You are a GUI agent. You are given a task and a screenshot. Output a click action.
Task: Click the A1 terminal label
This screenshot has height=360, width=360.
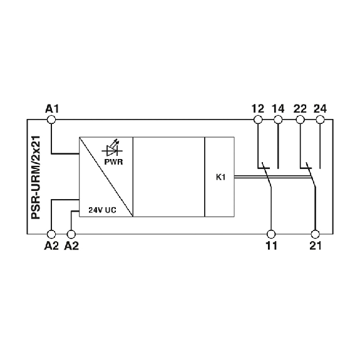tap(52, 108)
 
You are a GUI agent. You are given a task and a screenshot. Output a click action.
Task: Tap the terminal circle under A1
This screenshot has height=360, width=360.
tap(51, 120)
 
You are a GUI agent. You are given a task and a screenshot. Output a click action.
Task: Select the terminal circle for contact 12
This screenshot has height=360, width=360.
tap(258, 120)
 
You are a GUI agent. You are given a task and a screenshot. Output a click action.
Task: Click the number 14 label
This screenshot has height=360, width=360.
tap(278, 108)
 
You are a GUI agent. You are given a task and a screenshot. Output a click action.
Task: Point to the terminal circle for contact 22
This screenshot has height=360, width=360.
tap(301, 120)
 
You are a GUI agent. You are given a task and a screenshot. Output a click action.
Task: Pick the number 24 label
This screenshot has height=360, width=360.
tap(320, 108)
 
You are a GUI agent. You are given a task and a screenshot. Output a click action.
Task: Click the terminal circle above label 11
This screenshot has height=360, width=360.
tap(271, 234)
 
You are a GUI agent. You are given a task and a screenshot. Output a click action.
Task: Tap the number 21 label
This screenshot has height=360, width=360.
tap(316, 246)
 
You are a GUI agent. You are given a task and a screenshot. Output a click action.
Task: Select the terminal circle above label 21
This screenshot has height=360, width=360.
tap(315, 234)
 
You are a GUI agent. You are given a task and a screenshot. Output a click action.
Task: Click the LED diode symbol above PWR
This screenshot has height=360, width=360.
tap(112, 148)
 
